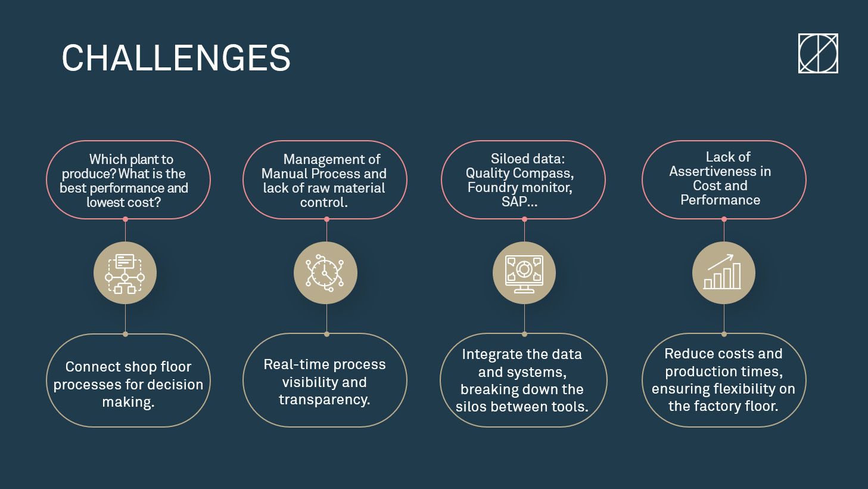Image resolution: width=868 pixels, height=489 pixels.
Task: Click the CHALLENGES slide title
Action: pos(176,58)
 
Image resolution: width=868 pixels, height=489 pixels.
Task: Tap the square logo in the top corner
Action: pos(818,53)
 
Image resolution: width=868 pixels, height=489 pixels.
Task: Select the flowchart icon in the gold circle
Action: pos(125,273)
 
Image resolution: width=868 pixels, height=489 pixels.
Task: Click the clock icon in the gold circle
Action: pos(325,273)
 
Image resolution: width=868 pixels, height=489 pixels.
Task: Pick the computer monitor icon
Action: pos(524,274)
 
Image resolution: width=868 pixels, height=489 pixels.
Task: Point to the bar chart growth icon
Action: pos(723,272)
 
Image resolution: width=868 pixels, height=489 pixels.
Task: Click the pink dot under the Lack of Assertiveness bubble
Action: pos(724,219)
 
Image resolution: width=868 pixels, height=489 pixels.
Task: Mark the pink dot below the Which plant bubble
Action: pos(125,219)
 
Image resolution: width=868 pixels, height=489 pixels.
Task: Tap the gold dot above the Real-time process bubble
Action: pos(326,334)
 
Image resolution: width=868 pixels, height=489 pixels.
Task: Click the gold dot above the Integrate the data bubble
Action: pos(524,334)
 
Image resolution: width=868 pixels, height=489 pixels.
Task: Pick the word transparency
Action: pos(325,400)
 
